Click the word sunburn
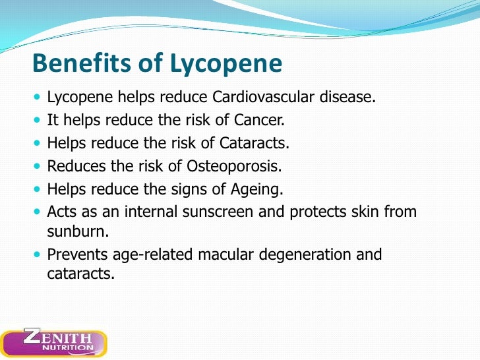click(x=76, y=232)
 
